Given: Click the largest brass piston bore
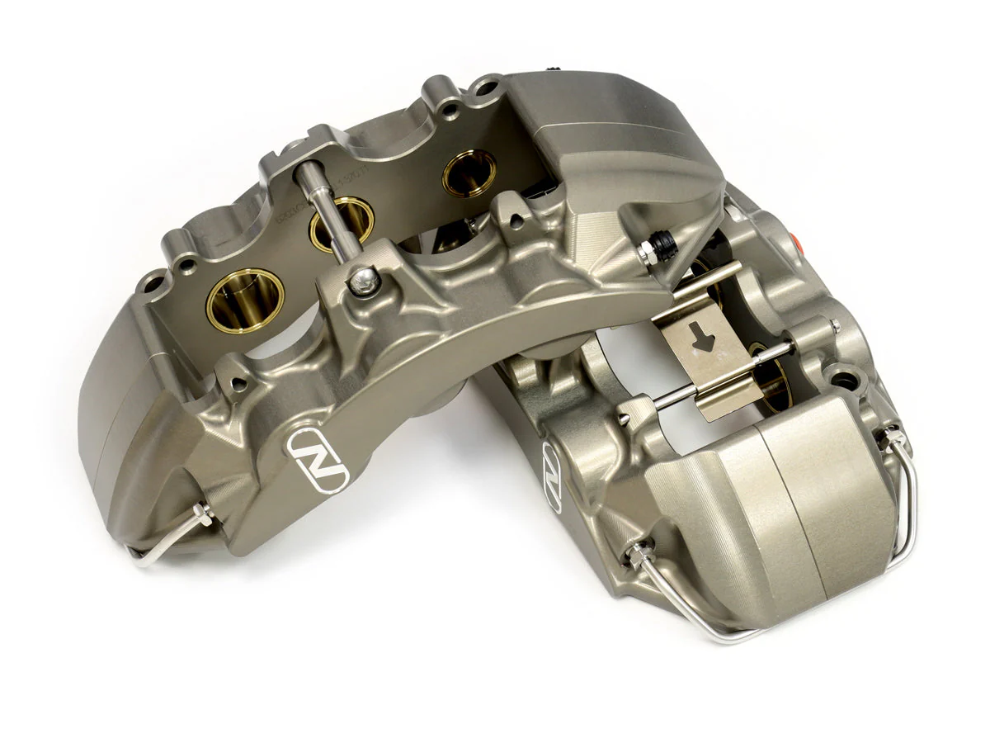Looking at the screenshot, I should (x=245, y=300).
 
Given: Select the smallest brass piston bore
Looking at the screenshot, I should (x=469, y=173).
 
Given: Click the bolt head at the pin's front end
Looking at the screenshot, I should (x=364, y=281).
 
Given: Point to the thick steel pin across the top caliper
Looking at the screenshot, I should (x=327, y=211).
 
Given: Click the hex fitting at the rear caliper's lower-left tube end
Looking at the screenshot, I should (x=639, y=556).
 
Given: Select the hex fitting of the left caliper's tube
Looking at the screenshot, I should (x=200, y=516).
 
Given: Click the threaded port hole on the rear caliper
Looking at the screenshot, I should (x=841, y=381).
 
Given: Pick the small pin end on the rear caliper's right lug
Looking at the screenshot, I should (x=836, y=329).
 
